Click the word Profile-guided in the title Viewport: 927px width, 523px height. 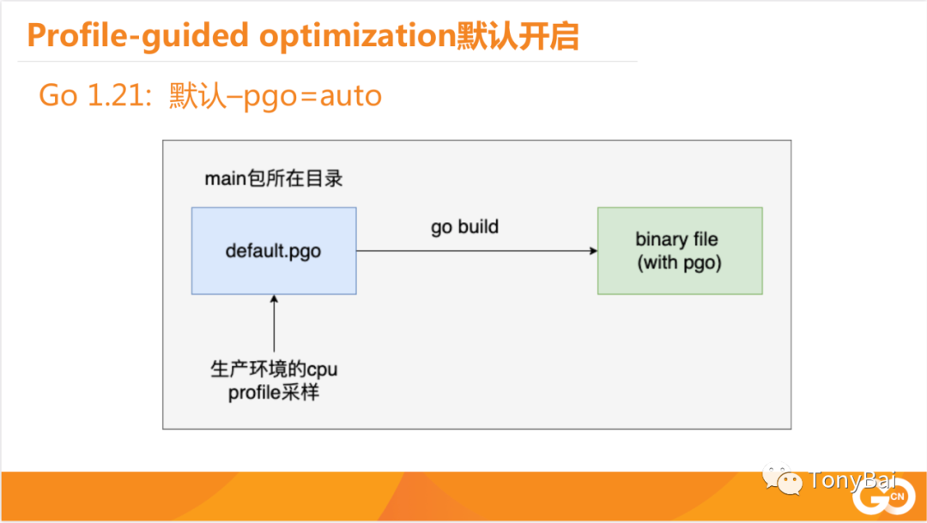coord(137,36)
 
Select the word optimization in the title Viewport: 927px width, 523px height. coord(358,36)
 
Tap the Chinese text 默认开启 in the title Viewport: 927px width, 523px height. coord(518,36)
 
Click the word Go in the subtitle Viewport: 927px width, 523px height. coord(58,95)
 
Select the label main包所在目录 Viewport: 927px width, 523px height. coord(274,178)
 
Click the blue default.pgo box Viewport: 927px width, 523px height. coord(274,251)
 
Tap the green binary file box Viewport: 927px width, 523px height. coord(680,251)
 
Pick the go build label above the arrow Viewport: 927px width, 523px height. coord(464,226)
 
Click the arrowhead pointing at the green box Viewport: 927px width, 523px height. coord(594,251)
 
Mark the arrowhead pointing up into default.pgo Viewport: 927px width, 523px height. coord(274,298)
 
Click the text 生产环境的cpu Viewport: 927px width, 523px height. coord(274,370)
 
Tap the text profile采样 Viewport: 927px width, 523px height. coord(274,393)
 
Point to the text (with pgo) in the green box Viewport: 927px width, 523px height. coord(679,262)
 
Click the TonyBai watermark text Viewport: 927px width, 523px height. coord(852,480)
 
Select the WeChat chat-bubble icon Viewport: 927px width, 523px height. coord(782,478)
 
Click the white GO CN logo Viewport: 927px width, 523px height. coord(883,496)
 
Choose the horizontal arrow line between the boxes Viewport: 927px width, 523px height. coord(477,251)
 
